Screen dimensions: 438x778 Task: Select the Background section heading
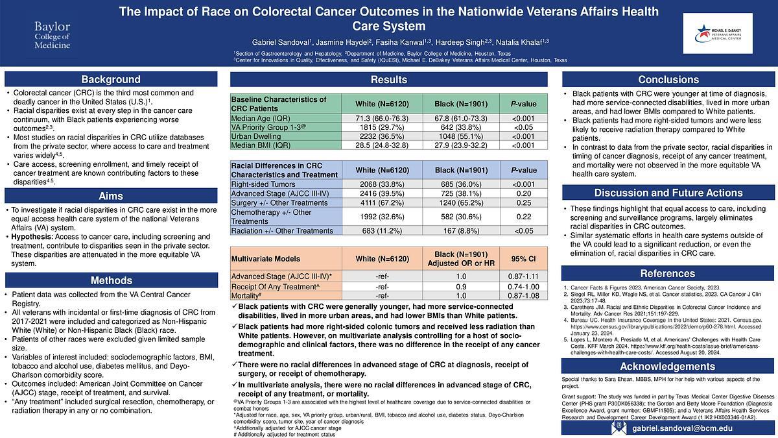pyautogui.click(x=111, y=80)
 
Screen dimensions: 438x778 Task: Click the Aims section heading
pyautogui.click(x=111, y=196)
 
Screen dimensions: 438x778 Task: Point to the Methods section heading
pyautogui.click(x=111, y=280)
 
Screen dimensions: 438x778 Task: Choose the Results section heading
pyautogui.click(x=389, y=80)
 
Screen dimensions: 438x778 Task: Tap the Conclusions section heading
pyautogui.click(x=668, y=80)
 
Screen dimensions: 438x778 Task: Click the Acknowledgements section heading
pyautogui.click(x=668, y=367)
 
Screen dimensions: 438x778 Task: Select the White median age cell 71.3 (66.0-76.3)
pyautogui.click(x=381, y=118)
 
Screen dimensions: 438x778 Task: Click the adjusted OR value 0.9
pyautogui.click(x=461, y=287)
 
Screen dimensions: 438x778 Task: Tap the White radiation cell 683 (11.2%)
pyautogui.click(x=381, y=231)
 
